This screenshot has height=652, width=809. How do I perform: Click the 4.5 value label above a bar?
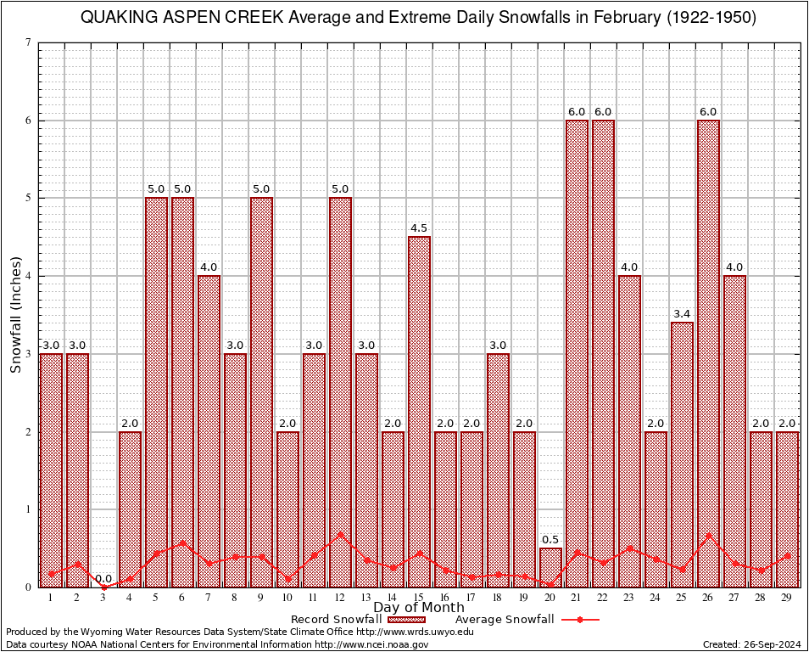point(419,228)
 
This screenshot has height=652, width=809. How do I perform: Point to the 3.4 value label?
point(682,314)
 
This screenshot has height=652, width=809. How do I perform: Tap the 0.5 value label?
point(550,540)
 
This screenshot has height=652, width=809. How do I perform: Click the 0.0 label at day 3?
point(103,579)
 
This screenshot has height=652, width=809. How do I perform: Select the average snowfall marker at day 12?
point(340,535)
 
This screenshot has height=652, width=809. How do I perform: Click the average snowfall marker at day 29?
point(787,556)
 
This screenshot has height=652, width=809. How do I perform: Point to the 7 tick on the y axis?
point(28,42)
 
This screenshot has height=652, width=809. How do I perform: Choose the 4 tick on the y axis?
point(28,276)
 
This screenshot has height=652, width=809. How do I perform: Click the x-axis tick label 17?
point(471,598)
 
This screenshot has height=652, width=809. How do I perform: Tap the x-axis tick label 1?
point(51,598)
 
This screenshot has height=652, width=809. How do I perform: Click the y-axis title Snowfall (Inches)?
point(15,315)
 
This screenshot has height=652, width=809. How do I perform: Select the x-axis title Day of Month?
point(418,608)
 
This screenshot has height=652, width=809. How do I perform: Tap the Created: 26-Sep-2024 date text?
point(751,644)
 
